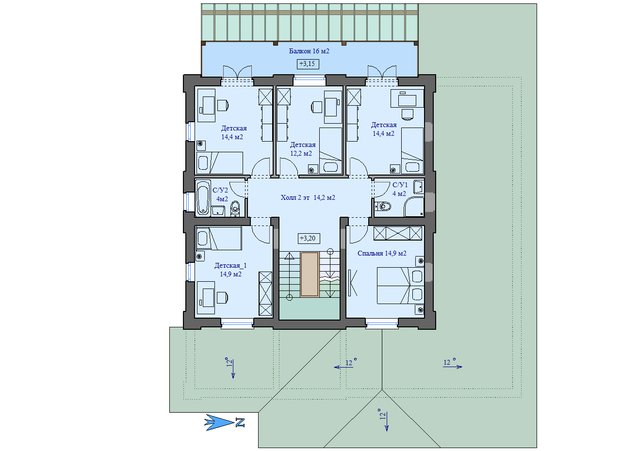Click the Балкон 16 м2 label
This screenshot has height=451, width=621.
point(309,51)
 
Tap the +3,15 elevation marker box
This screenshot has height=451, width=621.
point(308,64)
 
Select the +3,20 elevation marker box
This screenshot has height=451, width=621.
point(309,239)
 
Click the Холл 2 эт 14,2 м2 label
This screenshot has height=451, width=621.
point(308,197)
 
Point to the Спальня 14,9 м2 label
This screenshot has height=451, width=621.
point(382,253)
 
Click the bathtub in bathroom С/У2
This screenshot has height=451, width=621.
point(203,197)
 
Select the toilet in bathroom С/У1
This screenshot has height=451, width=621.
point(383,207)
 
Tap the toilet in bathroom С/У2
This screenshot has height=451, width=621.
point(235,209)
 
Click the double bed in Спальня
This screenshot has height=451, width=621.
point(400,285)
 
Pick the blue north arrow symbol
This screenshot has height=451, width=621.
point(219,423)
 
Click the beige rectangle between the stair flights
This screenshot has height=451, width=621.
point(310,274)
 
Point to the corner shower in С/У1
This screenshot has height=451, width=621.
point(414,207)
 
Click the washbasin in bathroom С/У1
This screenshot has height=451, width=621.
point(419,187)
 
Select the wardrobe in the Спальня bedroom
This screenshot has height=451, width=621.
point(398,233)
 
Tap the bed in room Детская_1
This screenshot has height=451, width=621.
point(219,239)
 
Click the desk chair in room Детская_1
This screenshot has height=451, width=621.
point(222,298)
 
